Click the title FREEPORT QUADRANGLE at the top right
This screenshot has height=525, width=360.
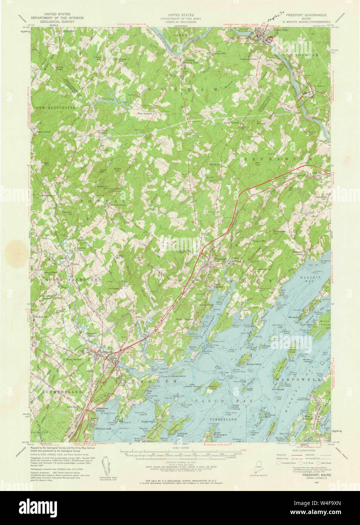306,15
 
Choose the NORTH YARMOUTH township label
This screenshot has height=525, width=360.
71,279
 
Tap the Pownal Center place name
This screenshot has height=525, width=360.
113,205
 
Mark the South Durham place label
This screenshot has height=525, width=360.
232,123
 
